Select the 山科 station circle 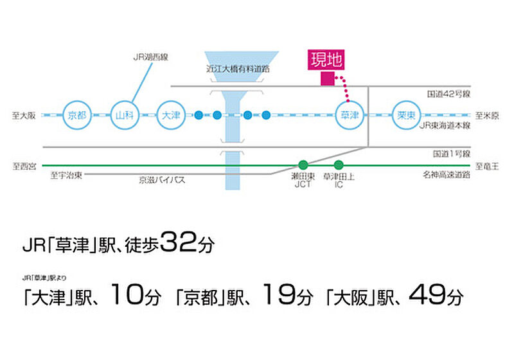click(123, 115)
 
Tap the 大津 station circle click(170, 115)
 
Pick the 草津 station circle click(350, 115)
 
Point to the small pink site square click(327, 79)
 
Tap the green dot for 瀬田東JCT click(303, 165)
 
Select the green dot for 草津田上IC click(339, 165)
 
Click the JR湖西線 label click(150, 57)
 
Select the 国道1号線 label click(451, 155)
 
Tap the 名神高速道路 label click(447, 174)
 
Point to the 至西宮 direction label click(23, 165)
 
